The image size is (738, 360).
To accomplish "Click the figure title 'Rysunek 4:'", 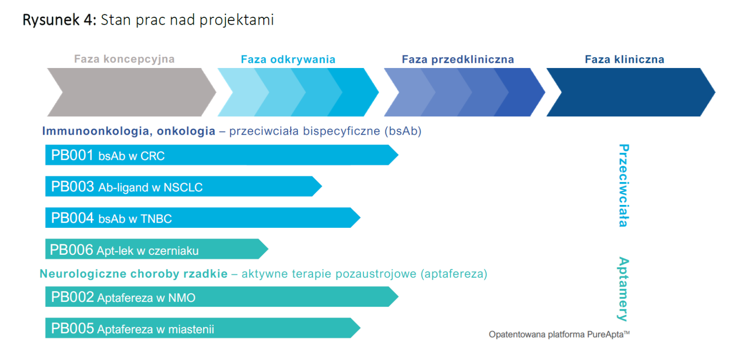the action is coord(59,20).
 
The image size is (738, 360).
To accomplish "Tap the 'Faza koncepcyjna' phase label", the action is coord(124,59).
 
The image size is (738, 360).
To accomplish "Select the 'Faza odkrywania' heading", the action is coord(288,59).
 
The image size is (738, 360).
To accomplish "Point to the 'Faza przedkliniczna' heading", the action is coord(458,59).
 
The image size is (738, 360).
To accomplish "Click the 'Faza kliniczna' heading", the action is coord(625,59).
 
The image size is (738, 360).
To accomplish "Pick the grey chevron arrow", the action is coord(132,92).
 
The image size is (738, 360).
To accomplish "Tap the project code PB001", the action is coord(72,155).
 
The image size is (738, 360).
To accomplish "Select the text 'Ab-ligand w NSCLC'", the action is coord(150,187).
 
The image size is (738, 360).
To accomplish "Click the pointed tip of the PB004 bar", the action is coord(360,217).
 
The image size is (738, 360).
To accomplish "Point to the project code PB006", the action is coord(71,250).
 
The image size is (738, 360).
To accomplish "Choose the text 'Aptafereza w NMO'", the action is coord(146,298).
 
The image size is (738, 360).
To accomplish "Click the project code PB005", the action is coord(72,329).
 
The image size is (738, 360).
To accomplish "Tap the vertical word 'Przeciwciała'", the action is coord(624,185).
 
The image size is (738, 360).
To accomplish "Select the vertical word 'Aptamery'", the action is coord(623,289).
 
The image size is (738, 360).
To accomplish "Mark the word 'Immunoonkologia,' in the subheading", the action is coord(97,131).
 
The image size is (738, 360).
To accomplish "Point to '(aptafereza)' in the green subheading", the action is coord(454,274).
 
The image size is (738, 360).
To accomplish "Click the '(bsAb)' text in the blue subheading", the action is coord(403,131).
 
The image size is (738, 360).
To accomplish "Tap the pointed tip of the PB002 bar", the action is coord(398,297).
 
